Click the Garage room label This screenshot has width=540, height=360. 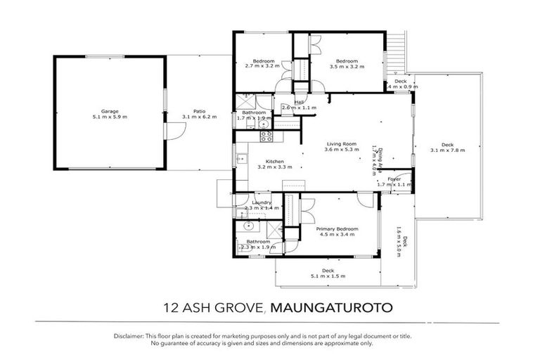109,111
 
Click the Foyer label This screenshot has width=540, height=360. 394,179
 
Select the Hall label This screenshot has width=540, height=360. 299,102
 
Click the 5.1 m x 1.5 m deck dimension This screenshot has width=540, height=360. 328,276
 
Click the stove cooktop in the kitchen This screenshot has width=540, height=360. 266,135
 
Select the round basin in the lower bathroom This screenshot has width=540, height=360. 247,226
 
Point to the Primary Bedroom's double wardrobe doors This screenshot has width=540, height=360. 307,210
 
